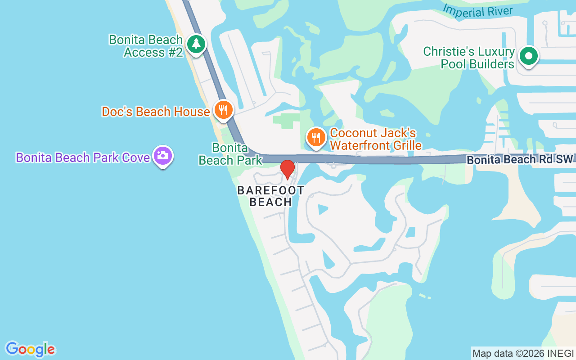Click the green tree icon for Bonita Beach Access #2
click(196, 44)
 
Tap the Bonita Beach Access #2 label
click(146, 46)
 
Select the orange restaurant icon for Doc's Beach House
click(223, 109)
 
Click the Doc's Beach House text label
click(156, 112)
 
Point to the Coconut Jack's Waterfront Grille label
click(376, 139)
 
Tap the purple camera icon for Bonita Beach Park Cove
click(163, 156)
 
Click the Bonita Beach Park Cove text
click(83, 157)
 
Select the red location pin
click(287, 169)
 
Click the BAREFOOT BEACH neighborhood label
click(271, 196)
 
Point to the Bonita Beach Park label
click(230, 154)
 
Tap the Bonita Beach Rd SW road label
click(520, 160)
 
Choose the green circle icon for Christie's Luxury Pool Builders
click(529, 57)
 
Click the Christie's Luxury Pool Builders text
click(469, 58)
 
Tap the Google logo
click(30, 349)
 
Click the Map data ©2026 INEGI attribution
click(523, 353)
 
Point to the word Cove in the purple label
click(135, 157)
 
